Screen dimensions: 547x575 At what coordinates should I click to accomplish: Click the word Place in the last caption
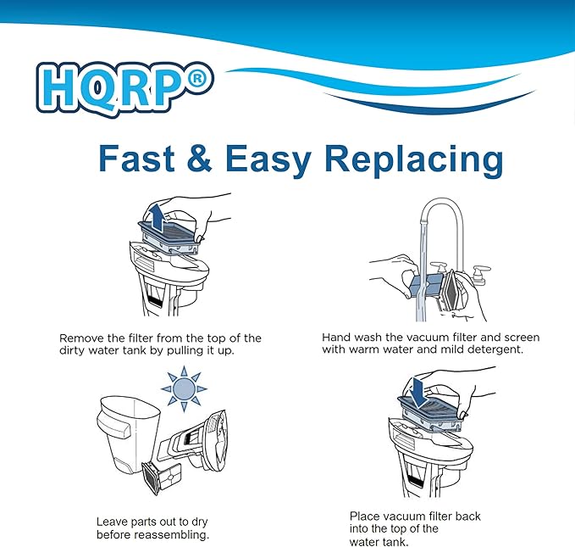tap(365, 516)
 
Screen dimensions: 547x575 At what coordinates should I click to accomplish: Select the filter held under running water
tap(437, 287)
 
